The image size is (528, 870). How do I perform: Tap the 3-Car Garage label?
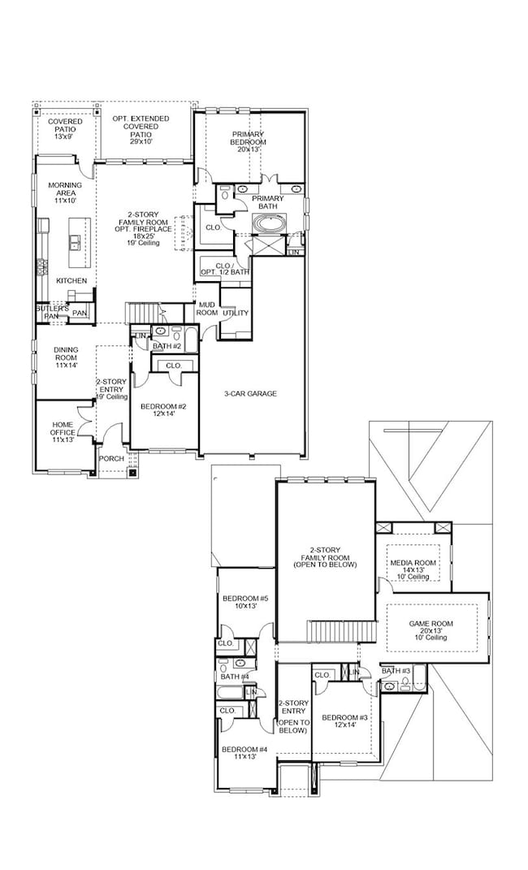pos(251,394)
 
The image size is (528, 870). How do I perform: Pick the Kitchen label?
pos(71,281)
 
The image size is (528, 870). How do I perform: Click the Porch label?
pos(111,459)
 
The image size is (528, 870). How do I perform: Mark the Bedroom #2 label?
pos(164,410)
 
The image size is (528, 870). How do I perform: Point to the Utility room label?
pos(235,313)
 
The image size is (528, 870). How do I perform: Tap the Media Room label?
pos(413,567)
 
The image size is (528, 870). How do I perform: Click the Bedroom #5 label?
pos(245,600)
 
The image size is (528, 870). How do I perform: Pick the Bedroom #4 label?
pos(245,752)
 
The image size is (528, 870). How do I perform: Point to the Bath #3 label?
pos(396,671)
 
